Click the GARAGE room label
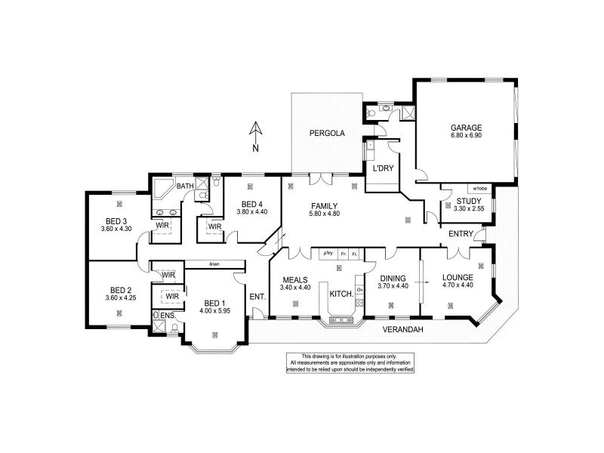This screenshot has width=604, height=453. pyautogui.click(x=466, y=128)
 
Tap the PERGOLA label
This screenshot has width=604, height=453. pyautogui.click(x=326, y=134)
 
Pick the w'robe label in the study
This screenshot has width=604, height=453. pyautogui.click(x=478, y=188)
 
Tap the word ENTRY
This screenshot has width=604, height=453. pyautogui.click(x=461, y=235)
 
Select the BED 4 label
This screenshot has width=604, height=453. pyautogui.click(x=253, y=204)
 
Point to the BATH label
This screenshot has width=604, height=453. pyautogui.click(x=185, y=186)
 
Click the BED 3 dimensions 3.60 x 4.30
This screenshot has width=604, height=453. pyautogui.click(x=116, y=229)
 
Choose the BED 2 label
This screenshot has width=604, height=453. pyautogui.click(x=122, y=289)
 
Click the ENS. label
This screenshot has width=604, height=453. pyautogui.click(x=166, y=316)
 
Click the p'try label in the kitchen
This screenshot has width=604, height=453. pyautogui.click(x=328, y=254)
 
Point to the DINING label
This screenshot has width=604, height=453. pyautogui.click(x=391, y=279)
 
